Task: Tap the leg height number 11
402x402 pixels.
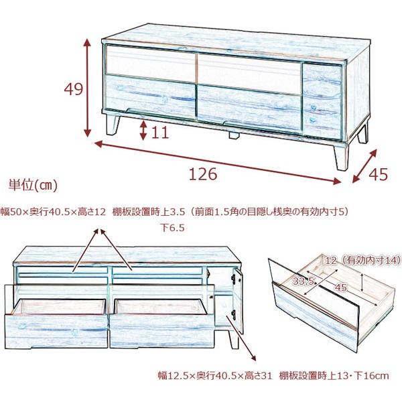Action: [159, 132]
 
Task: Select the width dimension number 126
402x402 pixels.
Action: [203, 174]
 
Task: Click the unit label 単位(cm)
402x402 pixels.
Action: [33, 184]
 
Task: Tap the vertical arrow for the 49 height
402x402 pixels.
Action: [87, 87]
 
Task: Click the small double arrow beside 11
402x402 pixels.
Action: [143, 130]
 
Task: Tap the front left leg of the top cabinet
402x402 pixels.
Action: [111, 126]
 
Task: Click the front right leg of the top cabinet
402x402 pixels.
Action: [340, 155]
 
